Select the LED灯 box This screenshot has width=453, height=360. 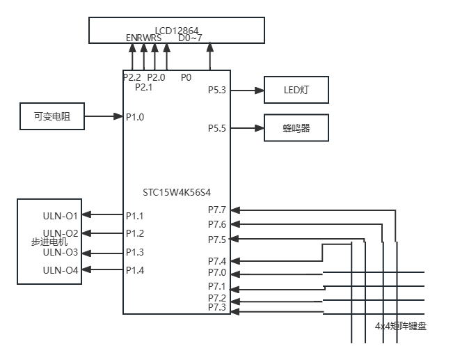click(x=296, y=91)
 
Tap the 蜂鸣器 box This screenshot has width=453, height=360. click(x=296, y=128)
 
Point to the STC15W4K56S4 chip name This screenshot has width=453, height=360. click(x=177, y=191)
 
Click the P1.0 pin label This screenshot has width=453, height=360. click(x=135, y=117)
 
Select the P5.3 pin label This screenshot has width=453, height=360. click(x=217, y=90)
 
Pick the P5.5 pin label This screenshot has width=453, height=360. click(x=217, y=128)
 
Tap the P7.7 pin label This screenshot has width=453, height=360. click(x=217, y=210)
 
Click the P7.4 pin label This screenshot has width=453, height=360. click(x=217, y=261)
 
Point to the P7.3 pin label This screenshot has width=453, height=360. click(x=217, y=308)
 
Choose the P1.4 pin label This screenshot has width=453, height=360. click(x=135, y=270)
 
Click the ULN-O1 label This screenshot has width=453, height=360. click(x=61, y=215)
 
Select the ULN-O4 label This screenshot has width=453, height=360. click(x=61, y=270)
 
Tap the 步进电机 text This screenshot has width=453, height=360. click(x=49, y=242)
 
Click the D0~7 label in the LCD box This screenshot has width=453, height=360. click(x=191, y=38)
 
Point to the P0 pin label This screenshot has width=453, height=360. click(x=186, y=77)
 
